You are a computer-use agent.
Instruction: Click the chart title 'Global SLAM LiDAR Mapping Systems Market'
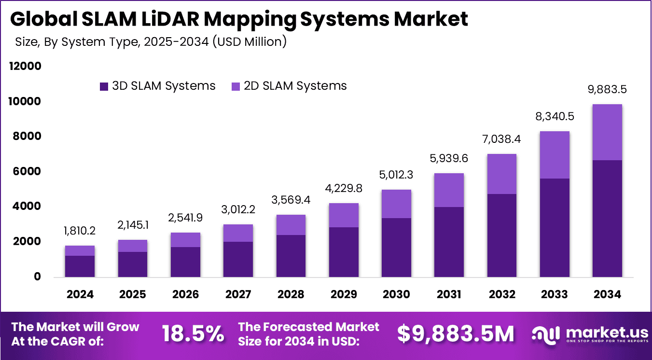239,19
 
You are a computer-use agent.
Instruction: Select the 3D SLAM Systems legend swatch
104,86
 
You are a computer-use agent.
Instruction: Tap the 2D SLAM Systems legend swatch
236,86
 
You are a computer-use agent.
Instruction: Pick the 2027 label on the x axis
238,294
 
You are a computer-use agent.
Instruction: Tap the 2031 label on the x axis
449,294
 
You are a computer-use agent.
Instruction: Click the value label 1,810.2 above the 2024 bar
80,231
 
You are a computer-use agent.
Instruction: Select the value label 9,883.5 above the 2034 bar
607,90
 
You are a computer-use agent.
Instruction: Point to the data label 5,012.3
396,175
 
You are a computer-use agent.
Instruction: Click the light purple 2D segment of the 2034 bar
607,132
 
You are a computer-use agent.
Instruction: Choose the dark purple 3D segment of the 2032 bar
502,235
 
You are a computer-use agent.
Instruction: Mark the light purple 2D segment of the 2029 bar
344,215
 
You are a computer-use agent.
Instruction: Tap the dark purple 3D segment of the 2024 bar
80,266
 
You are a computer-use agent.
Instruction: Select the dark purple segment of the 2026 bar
185,262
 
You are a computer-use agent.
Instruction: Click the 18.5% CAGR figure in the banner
193,333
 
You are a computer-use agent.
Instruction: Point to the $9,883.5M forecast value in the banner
456,333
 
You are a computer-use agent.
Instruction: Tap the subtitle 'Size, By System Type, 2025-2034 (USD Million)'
151,42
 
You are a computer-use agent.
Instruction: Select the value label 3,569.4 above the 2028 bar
291,200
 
